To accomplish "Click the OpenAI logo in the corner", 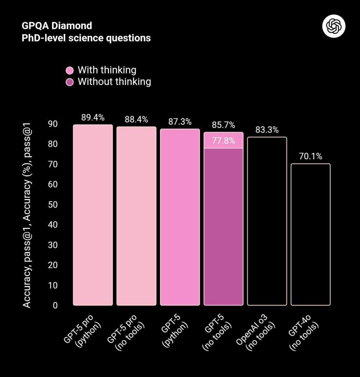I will (334, 26).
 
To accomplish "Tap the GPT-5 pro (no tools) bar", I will (136, 216).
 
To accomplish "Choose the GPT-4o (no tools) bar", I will (310, 234).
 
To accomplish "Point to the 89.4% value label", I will (93, 117).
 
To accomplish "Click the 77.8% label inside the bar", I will (224, 141).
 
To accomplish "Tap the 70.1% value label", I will (310, 156).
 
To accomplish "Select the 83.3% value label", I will (267, 130).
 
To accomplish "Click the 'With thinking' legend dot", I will (71, 70).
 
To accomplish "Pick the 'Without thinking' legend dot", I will (71, 82).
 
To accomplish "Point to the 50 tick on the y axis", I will (53, 204).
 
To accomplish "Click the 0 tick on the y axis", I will (55, 305).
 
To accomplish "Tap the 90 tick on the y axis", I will (53, 124).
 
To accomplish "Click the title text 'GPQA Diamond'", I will (57, 26).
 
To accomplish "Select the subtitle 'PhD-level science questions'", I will (86, 38).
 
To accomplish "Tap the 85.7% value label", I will (224, 125).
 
